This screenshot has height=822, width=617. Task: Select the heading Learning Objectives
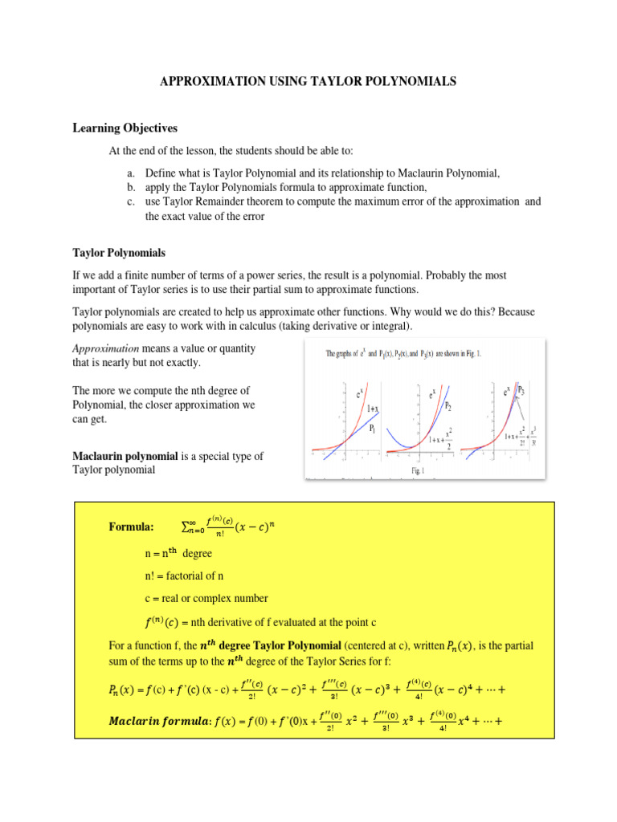click(125, 128)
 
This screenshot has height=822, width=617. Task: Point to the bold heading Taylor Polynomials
click(119, 253)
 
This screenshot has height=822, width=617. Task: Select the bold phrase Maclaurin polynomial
click(125, 456)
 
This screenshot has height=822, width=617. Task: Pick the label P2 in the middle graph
click(447, 406)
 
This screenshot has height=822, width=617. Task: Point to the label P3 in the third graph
click(521, 390)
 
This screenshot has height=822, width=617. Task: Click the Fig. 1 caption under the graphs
click(419, 470)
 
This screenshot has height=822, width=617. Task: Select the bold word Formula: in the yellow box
click(131, 527)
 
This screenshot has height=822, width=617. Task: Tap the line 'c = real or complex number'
click(201, 598)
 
